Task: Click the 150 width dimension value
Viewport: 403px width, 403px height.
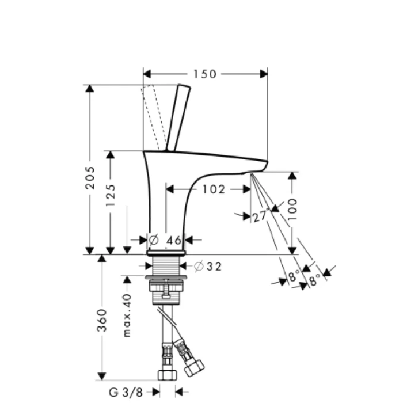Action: tap(205, 74)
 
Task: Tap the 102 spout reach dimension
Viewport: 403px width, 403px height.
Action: tap(214, 189)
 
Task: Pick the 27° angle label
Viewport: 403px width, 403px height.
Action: tap(260, 216)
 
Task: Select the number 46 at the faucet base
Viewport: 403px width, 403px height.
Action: tap(173, 240)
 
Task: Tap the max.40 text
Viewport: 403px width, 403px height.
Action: tap(127, 315)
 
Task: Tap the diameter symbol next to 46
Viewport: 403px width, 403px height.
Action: tap(154, 240)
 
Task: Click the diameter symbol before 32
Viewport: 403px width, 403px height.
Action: tap(199, 266)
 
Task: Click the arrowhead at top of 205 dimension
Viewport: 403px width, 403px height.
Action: tap(89, 89)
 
